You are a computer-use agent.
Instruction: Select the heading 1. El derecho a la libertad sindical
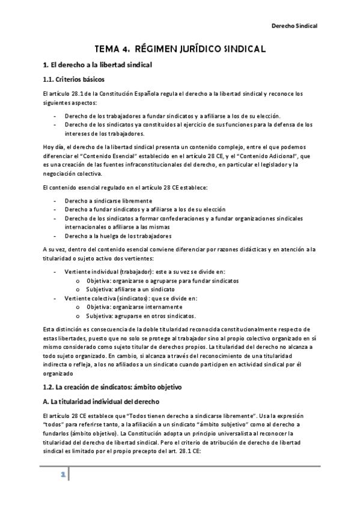[98, 64]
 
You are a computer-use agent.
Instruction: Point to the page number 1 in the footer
[62, 475]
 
